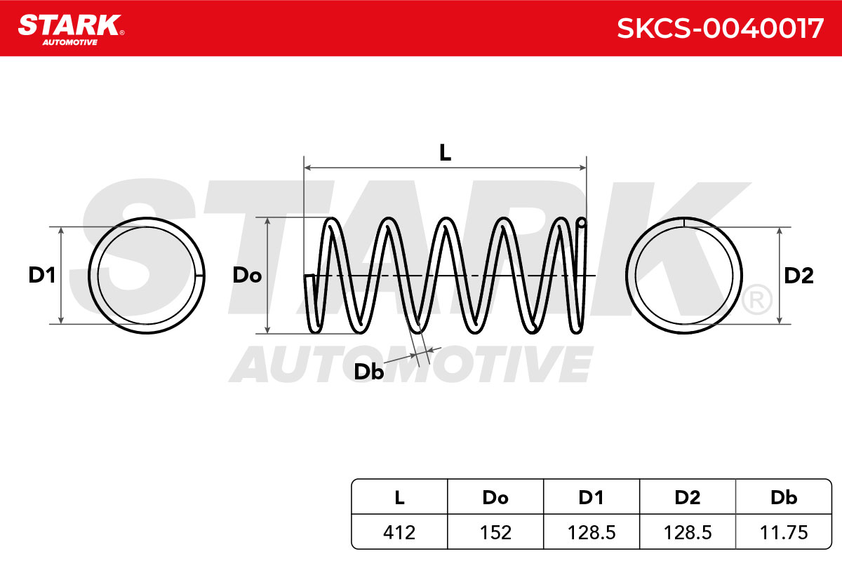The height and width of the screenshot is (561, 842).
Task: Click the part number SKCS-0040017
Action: tap(720, 29)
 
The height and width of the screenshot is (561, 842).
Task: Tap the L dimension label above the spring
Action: tap(446, 153)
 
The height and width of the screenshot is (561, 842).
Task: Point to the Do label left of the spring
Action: tap(247, 275)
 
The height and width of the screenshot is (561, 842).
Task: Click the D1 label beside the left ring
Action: tap(42, 275)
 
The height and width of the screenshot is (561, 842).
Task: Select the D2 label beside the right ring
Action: tap(798, 276)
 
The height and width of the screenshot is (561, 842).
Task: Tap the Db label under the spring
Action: tap(369, 372)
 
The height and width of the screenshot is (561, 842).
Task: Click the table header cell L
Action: tap(399, 497)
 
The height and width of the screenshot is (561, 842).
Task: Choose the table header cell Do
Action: tap(495, 497)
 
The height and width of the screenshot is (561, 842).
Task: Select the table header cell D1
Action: tap(592, 497)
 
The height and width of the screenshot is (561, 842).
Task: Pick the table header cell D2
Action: tap(688, 497)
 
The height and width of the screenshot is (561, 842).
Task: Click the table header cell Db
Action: tap(784, 497)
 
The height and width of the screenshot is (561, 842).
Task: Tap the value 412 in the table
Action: tap(399, 532)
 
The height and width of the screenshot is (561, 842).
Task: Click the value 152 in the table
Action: tap(495, 532)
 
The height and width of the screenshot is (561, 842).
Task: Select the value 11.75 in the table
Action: tap(784, 532)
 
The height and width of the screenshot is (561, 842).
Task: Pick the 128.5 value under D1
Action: tap(592, 532)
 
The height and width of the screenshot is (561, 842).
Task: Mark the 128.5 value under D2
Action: tap(688, 532)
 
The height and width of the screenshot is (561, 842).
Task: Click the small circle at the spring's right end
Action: tap(582, 223)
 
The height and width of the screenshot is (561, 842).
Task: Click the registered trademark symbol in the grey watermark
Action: tap(757, 299)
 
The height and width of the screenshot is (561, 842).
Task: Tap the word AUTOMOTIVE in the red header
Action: tap(70, 42)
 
